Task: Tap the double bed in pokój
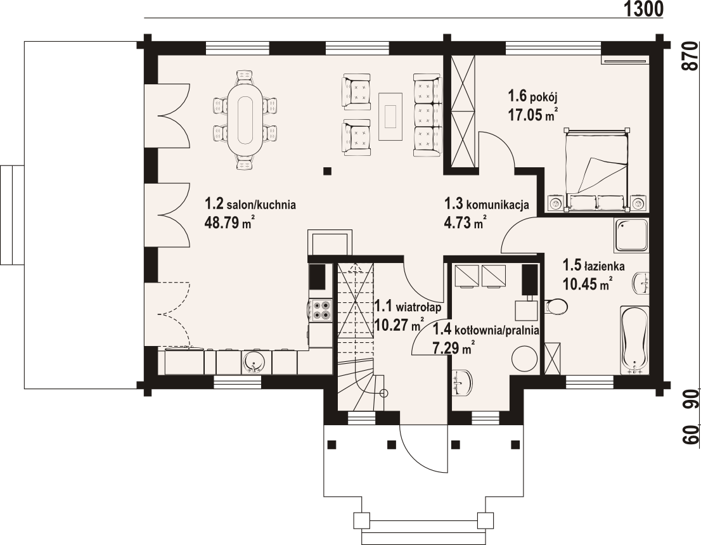coord(597,169)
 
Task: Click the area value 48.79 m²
coord(230,222)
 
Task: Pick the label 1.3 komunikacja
coord(486,204)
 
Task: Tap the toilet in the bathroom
coord(556,307)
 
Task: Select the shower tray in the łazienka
coord(631,234)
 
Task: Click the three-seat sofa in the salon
coord(427,115)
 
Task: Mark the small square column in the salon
coord(328,170)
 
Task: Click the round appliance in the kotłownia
coord(524,358)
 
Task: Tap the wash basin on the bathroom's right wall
coord(641,283)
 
